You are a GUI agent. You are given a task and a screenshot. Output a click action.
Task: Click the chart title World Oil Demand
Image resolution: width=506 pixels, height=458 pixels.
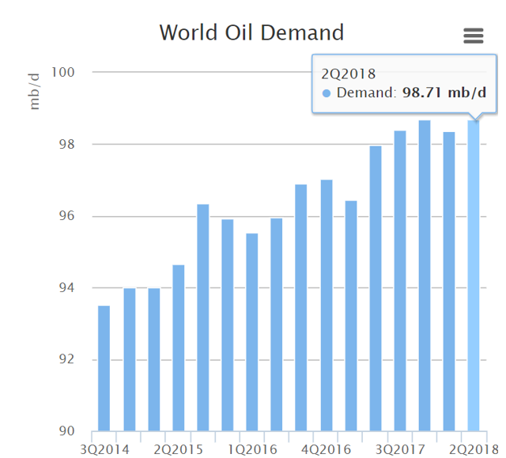pyautogui.click(x=251, y=33)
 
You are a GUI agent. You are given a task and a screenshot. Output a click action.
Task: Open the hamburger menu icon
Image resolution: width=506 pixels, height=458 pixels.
pyautogui.click(x=473, y=36)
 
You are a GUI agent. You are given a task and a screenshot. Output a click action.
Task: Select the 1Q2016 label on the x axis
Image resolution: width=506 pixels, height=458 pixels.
pyautogui.click(x=252, y=449)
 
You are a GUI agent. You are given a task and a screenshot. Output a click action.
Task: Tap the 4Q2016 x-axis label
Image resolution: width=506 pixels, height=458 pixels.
pyautogui.click(x=327, y=449)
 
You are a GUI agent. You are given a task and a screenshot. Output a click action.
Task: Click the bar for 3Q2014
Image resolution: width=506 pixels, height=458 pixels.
pyautogui.click(x=104, y=368)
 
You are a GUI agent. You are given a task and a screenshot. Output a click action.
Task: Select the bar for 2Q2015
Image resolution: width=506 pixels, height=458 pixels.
pyautogui.click(x=179, y=348)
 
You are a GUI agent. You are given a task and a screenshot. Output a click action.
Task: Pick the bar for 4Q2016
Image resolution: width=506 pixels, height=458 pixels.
pyautogui.click(x=327, y=305)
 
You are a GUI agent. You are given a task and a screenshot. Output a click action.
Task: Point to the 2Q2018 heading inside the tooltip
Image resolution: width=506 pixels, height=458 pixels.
pyautogui.click(x=343, y=74)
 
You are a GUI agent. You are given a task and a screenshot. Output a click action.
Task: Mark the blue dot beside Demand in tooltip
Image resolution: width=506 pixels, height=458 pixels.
pyautogui.click(x=327, y=94)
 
